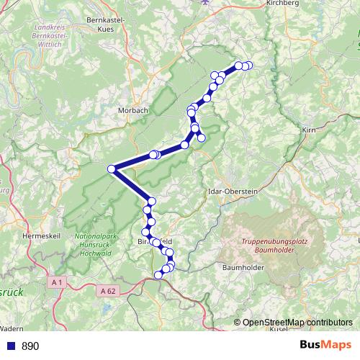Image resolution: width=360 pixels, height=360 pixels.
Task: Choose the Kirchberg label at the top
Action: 282,3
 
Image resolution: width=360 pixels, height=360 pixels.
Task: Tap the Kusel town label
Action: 279,329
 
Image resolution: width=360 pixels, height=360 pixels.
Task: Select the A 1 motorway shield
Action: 58,283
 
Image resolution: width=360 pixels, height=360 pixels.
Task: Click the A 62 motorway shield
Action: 107,290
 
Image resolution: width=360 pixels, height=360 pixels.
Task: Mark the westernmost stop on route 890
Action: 112,169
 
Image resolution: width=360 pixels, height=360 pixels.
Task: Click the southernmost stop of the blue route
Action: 159,274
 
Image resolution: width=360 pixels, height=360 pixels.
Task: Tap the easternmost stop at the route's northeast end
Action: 249,66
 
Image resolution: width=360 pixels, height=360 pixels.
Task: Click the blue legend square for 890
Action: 11,346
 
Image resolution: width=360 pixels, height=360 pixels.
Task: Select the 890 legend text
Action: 30,346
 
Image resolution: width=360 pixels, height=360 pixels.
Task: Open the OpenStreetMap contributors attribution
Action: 297,322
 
